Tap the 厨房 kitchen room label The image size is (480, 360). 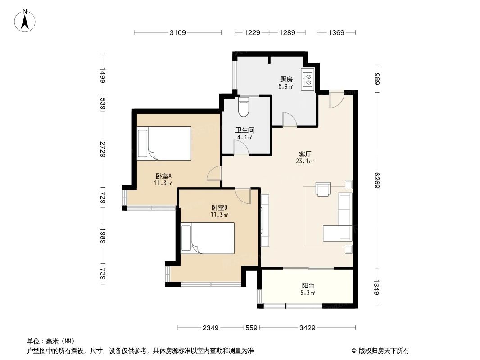(x=286, y=79)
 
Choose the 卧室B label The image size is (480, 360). (x=219, y=207)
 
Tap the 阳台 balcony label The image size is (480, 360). (x=308, y=285)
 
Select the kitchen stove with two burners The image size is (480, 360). (x=308, y=79)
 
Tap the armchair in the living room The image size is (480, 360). (x=323, y=189)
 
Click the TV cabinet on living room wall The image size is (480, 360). (x=264, y=220)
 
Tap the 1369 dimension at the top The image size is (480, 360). (x=336, y=32)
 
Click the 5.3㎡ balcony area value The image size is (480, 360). (x=308, y=292)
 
